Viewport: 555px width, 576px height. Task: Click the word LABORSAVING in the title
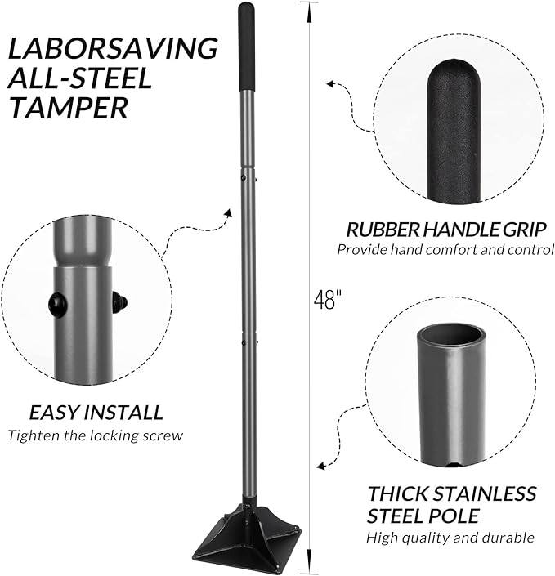tap(112, 48)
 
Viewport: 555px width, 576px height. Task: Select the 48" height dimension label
tap(325, 300)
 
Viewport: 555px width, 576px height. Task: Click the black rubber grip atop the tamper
tap(246, 47)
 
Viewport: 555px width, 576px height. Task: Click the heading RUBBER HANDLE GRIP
tap(441, 230)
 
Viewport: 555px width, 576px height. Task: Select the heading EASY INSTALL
tap(96, 413)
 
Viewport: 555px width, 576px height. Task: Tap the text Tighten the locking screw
tap(95, 435)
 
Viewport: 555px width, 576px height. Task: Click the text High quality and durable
tap(450, 538)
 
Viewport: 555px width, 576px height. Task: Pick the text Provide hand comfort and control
tap(445, 250)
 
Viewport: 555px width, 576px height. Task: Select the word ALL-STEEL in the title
tap(80, 79)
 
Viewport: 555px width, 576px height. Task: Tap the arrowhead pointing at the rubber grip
tap(331, 83)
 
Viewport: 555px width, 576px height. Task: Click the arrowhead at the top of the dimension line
tap(310, 8)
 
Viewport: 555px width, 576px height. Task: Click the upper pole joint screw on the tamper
tap(244, 174)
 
